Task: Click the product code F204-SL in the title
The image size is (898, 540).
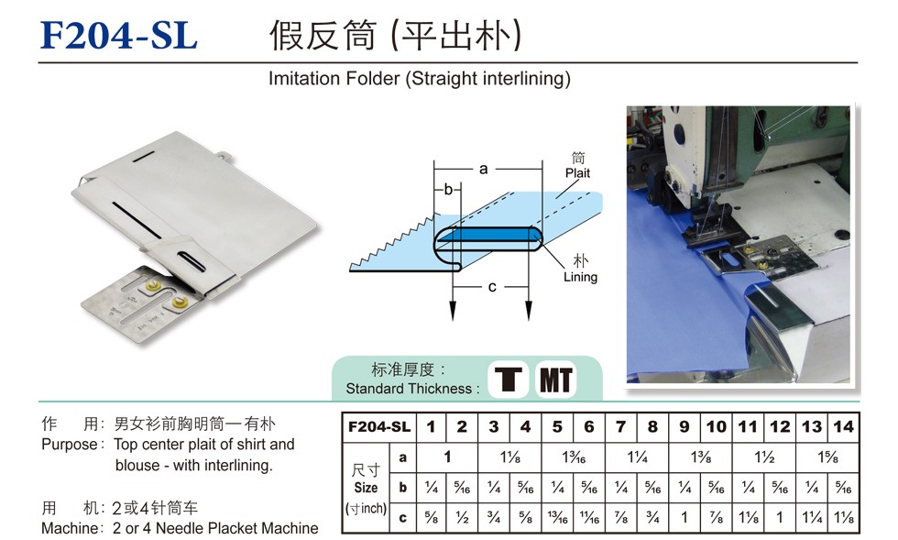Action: (x=119, y=35)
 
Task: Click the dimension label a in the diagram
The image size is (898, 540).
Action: (x=484, y=169)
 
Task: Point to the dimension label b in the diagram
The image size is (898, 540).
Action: (x=448, y=189)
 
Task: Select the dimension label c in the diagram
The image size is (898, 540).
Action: (x=491, y=287)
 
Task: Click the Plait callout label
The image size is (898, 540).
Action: (x=577, y=172)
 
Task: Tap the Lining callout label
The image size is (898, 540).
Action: (x=580, y=277)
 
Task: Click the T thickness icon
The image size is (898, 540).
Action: (x=508, y=380)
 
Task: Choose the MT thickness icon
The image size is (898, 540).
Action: (x=555, y=380)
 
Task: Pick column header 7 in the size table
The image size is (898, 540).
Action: (x=621, y=426)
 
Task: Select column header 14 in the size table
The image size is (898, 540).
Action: (x=843, y=426)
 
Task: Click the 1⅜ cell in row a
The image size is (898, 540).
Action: (x=700, y=457)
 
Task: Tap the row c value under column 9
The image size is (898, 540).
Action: (x=684, y=518)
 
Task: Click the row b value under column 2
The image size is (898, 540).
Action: (x=462, y=488)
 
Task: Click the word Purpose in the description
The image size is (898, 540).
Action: (x=69, y=445)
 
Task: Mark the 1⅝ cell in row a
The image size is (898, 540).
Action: (x=827, y=457)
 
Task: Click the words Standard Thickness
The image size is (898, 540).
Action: (x=409, y=389)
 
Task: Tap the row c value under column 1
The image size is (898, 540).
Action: (x=432, y=518)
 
